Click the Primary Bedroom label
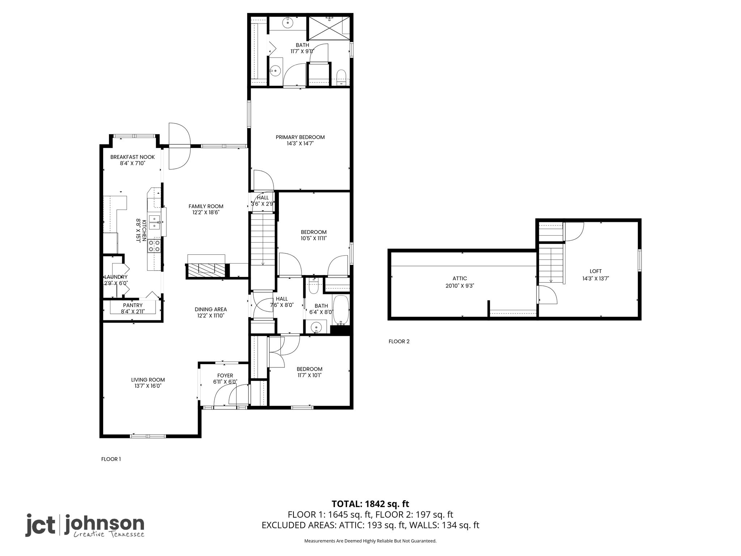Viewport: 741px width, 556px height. (300, 137)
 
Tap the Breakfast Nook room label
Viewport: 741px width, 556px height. (132, 157)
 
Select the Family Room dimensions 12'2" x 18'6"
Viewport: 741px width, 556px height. (206, 213)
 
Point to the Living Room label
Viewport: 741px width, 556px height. (148, 380)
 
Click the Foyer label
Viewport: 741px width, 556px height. (225, 376)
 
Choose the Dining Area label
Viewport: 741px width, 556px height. (211, 309)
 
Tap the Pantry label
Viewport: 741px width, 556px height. (133, 305)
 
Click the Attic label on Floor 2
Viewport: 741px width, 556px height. (460, 278)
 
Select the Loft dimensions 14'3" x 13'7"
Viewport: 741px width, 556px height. (596, 279)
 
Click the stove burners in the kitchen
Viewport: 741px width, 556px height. (154, 246)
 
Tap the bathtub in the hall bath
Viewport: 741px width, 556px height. (340, 310)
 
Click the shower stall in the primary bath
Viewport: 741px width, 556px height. (329, 28)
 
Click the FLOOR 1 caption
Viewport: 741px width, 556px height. (111, 459)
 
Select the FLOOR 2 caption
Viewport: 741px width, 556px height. (399, 341)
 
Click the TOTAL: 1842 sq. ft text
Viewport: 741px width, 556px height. (370, 504)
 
